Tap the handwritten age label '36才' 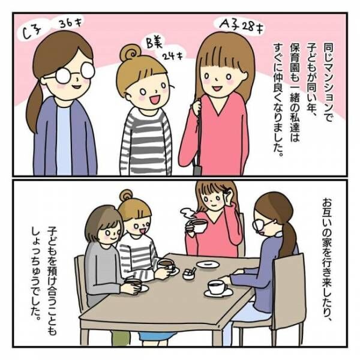pos(74,25)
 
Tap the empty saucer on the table pos(208,264)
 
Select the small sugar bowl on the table pos(189,274)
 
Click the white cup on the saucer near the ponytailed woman pos(217,287)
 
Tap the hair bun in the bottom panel pos(127,196)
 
